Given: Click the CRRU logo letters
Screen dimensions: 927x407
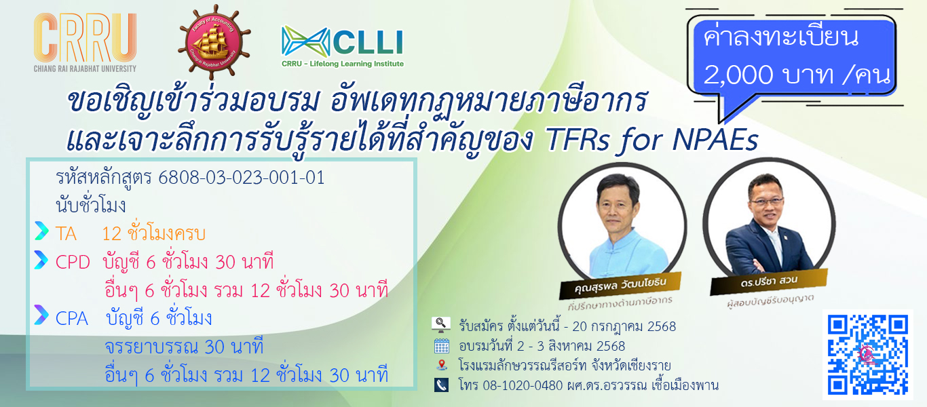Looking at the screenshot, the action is [x=86, y=37].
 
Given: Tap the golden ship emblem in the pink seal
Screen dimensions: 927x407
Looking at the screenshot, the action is [x=214, y=42].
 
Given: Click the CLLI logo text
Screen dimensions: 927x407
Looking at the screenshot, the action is [x=368, y=42].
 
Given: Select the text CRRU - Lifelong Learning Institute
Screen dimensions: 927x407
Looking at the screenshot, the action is [x=343, y=64].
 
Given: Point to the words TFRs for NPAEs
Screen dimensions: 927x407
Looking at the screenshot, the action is [x=652, y=140].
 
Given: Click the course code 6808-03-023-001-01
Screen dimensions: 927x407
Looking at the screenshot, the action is [x=242, y=178].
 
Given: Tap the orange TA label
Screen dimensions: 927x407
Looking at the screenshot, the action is [x=66, y=234].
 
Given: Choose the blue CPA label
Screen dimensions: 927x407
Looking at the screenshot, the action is [x=71, y=319].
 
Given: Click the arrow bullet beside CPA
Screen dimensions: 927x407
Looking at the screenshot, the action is [x=41, y=315].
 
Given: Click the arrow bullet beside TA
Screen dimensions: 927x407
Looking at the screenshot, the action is [x=41, y=231].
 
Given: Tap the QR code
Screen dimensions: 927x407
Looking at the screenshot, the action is [x=868, y=355].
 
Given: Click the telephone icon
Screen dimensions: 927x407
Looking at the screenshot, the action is [x=442, y=385].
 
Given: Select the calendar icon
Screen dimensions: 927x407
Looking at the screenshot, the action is [x=442, y=346].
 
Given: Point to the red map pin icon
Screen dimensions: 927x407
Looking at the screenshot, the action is [x=442, y=365].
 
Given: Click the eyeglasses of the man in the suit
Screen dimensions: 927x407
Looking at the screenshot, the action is [x=767, y=201].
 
